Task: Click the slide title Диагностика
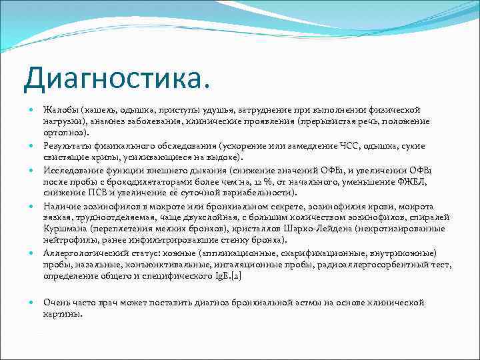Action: point(115,79)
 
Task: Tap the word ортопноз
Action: point(65,133)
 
